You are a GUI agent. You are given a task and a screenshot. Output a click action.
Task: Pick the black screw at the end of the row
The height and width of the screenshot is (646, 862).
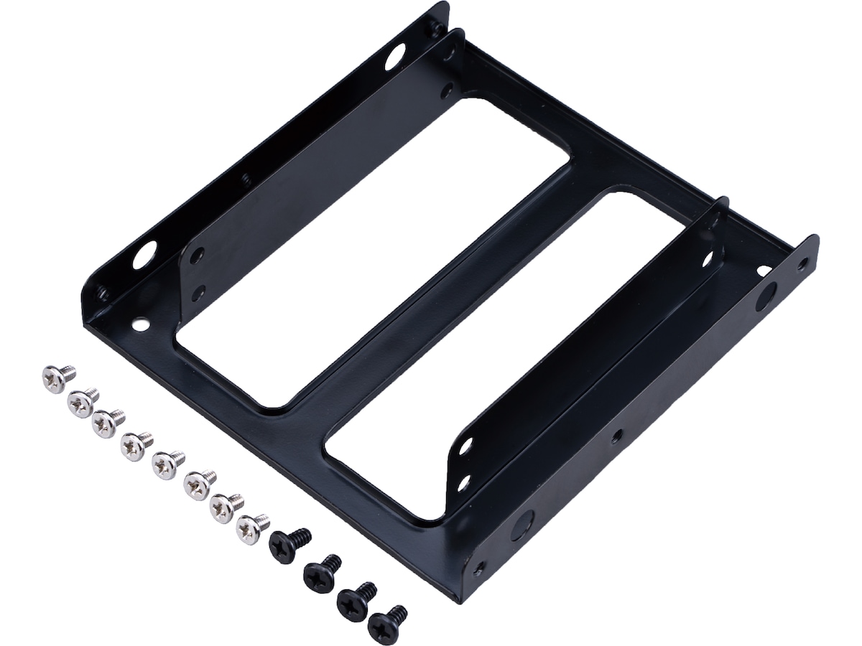pyautogui.click(x=384, y=624)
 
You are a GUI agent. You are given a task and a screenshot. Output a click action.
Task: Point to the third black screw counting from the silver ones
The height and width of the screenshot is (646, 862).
pyautogui.click(x=353, y=599)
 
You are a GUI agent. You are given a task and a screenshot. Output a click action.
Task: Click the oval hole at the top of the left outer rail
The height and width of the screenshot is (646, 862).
pyautogui.click(x=394, y=57)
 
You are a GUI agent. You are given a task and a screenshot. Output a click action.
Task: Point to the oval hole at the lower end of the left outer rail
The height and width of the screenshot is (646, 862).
pyautogui.click(x=144, y=256)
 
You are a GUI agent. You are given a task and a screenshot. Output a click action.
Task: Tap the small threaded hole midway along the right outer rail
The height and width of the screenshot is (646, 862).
pyautogui.click(x=616, y=436)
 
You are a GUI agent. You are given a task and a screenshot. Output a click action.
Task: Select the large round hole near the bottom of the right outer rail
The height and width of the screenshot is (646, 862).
pyautogui.click(x=519, y=528)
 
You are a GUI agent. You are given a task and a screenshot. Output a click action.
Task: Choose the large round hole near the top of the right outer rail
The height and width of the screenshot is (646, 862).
pyautogui.click(x=766, y=295)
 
